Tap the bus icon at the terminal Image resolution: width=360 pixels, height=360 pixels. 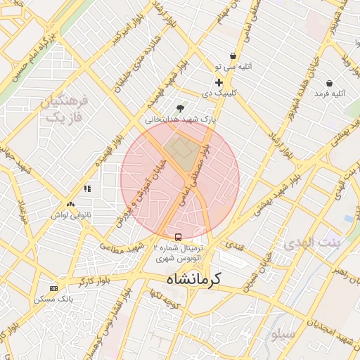pyautogui.click(x=178, y=237)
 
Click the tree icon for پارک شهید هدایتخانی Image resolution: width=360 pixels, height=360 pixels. pyautogui.click(x=181, y=108)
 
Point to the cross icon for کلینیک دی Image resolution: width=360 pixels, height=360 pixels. pyautogui.click(x=219, y=82)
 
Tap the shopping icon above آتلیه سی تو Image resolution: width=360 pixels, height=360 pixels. pyautogui.click(x=232, y=56)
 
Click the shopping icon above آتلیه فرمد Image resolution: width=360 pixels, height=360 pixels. pyautogui.click(x=348, y=82)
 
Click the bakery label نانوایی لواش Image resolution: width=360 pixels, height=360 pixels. pyautogui.click(x=71, y=215)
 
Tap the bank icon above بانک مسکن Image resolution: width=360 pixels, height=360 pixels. pyautogui.click(x=54, y=288)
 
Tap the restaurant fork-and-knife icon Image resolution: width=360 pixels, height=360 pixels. pyautogui.click(x=88, y=188)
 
